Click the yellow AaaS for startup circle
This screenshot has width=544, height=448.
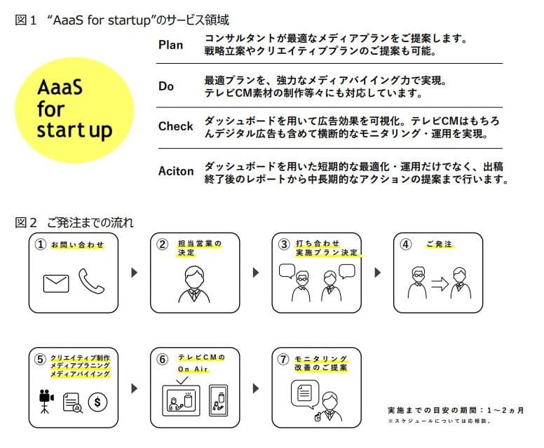pos(74,108)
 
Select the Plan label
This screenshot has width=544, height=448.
pos(171,46)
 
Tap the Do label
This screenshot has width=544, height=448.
pos(166,86)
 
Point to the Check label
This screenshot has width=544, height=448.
pos(176,126)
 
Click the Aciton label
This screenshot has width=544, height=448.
pos(176,170)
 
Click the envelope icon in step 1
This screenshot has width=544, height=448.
pos(56,283)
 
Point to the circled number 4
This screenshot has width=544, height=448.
pos(405,245)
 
